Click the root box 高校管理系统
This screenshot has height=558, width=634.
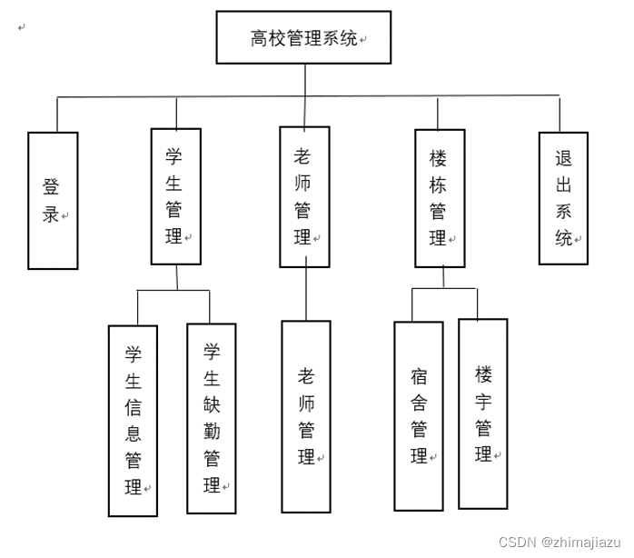(x=304, y=37)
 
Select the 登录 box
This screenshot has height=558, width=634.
(x=53, y=200)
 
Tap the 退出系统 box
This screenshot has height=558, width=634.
(x=563, y=197)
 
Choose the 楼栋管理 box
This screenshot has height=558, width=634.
(x=440, y=198)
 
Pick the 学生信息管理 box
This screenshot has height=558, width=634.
(x=133, y=420)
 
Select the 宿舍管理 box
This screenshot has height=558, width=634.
(x=418, y=415)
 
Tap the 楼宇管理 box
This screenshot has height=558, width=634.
(x=482, y=414)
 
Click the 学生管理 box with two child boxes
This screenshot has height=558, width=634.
(x=175, y=196)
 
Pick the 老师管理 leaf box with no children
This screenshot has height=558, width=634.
(x=305, y=416)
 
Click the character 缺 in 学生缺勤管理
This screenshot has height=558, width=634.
(x=211, y=404)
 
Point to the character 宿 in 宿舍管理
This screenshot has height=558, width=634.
(x=418, y=374)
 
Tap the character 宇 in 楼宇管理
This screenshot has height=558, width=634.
(x=482, y=400)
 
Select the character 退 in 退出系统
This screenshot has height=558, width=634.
(x=563, y=157)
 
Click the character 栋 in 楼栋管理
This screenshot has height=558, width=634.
(x=438, y=184)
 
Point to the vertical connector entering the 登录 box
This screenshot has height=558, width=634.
(x=57, y=115)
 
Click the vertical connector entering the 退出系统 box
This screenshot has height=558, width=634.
(x=560, y=115)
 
